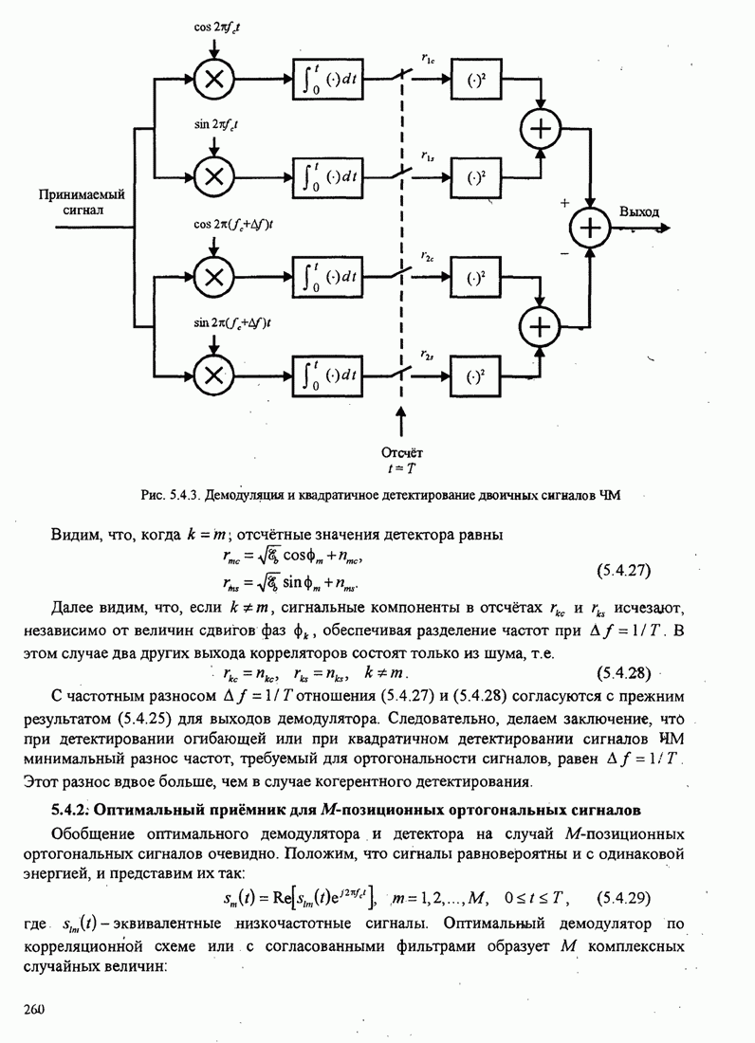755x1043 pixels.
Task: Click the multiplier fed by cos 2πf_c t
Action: pyautogui.click(x=215, y=80)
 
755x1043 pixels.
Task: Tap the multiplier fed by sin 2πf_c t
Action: pyautogui.click(x=215, y=175)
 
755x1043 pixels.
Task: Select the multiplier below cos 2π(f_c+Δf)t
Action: pyautogui.click(x=215, y=276)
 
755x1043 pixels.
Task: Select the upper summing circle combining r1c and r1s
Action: pyautogui.click(x=540, y=129)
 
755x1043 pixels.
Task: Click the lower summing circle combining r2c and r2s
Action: pyautogui.click(x=540, y=325)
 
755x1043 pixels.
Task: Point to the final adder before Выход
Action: pyautogui.click(x=591, y=228)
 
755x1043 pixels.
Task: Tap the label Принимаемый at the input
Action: pyautogui.click(x=82, y=193)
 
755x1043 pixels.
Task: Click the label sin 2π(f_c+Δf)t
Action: pyautogui.click(x=232, y=322)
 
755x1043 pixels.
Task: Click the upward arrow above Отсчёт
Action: pyautogui.click(x=401, y=422)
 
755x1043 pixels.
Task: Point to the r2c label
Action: pyautogui.click(x=427, y=256)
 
